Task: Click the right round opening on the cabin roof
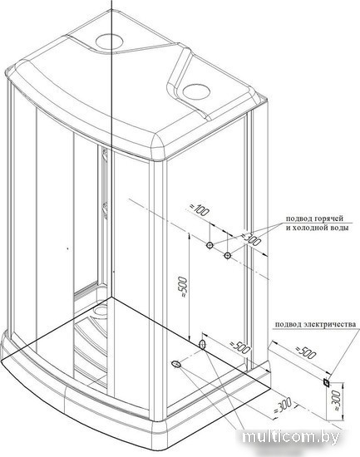tap(196, 91)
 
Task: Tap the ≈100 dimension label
tap(200, 210)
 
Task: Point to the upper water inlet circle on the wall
tap(210, 245)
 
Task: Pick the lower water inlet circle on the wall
tap(227, 256)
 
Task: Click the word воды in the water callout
tap(340, 228)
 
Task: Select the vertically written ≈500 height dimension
tap(182, 287)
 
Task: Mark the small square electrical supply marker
tap(327, 383)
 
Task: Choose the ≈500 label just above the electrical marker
tap(306, 352)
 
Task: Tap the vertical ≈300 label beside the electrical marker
tap(337, 400)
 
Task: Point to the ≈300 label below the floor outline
tap(283, 406)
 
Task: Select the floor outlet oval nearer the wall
tap(202, 345)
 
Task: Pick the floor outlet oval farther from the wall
tap(176, 364)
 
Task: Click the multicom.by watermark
tap(291, 437)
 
